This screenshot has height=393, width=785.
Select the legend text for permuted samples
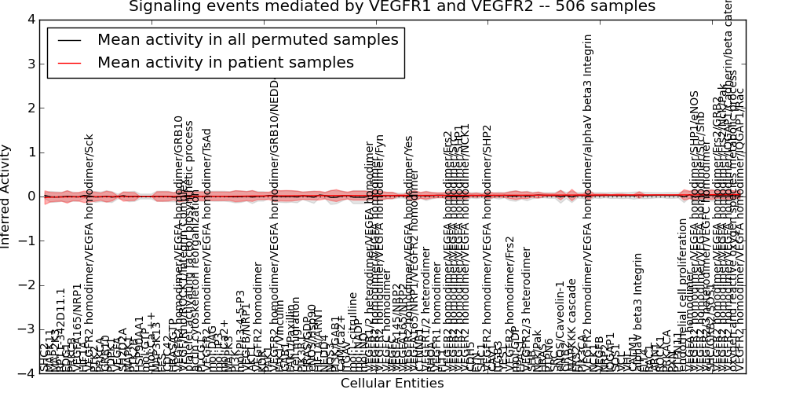[x=247, y=39]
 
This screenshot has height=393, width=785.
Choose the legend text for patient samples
[x=225, y=62]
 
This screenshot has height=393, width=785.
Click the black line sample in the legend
[x=69, y=39]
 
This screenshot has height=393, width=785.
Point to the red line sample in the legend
[x=69, y=62]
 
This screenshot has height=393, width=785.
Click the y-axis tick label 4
[x=29, y=20]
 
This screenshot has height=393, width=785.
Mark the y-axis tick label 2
[x=29, y=108]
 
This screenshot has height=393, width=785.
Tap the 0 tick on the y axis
[x=29, y=196]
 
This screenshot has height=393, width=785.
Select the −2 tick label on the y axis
[x=26, y=285]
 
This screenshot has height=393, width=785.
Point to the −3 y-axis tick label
[x=26, y=329]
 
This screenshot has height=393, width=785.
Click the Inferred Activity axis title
[x=7, y=196]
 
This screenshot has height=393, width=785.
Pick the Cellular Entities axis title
[x=392, y=384]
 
